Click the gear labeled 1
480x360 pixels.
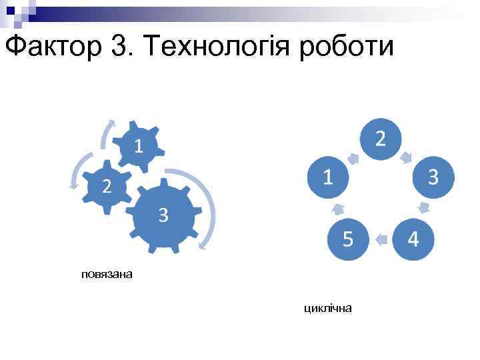click(x=137, y=145)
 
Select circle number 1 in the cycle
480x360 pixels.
click(x=328, y=177)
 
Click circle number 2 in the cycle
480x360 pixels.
click(x=380, y=139)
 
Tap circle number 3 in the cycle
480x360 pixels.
click(x=432, y=177)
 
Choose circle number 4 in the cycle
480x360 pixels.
click(x=413, y=238)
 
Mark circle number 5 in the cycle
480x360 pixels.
click(x=348, y=238)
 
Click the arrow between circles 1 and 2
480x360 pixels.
click(x=354, y=158)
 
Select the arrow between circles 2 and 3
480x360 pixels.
click(x=407, y=157)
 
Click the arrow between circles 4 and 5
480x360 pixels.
click(x=381, y=238)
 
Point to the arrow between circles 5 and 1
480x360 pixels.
click(x=338, y=208)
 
